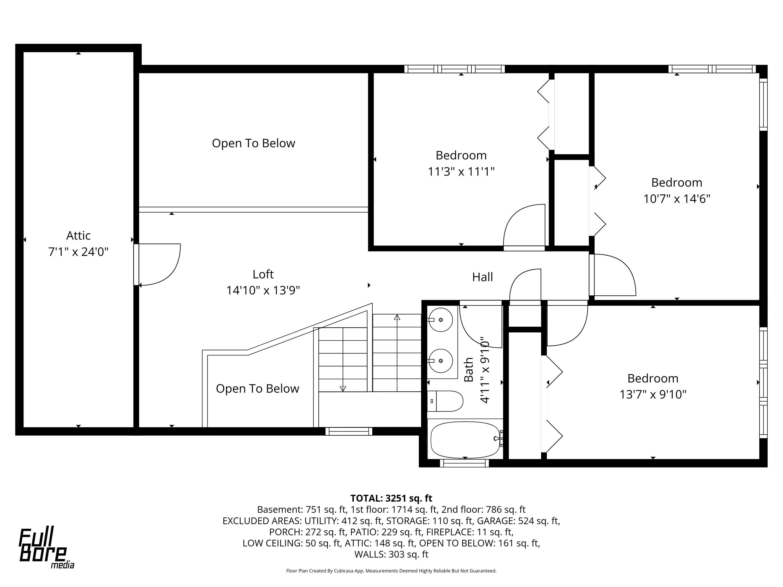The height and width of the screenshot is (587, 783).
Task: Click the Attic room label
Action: click(x=78, y=235)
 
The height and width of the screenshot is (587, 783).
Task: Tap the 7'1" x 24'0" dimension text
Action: click(x=78, y=252)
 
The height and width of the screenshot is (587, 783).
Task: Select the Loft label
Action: click(x=263, y=274)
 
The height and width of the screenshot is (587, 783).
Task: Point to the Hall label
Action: click(x=483, y=277)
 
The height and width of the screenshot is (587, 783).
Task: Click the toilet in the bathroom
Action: click(x=445, y=401)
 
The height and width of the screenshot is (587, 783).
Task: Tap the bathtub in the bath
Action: click(x=465, y=439)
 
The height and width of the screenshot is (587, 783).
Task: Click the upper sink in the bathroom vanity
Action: click(x=441, y=320)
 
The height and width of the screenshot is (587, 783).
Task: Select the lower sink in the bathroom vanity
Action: click(x=441, y=361)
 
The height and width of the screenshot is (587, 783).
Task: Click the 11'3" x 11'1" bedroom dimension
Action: click(x=461, y=172)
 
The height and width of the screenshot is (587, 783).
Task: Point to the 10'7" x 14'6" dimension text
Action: click(x=677, y=199)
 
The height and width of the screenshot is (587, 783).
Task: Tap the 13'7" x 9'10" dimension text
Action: click(x=653, y=394)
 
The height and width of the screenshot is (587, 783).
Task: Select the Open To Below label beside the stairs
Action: click(x=257, y=388)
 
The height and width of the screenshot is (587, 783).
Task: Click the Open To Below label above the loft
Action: click(x=253, y=143)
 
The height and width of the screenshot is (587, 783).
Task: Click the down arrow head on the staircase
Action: click(x=343, y=388)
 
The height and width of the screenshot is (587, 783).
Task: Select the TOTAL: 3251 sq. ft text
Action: click(x=391, y=498)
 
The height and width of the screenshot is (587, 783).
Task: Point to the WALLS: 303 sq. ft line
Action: click(x=391, y=554)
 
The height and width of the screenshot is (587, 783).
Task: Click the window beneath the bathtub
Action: click(x=464, y=463)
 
